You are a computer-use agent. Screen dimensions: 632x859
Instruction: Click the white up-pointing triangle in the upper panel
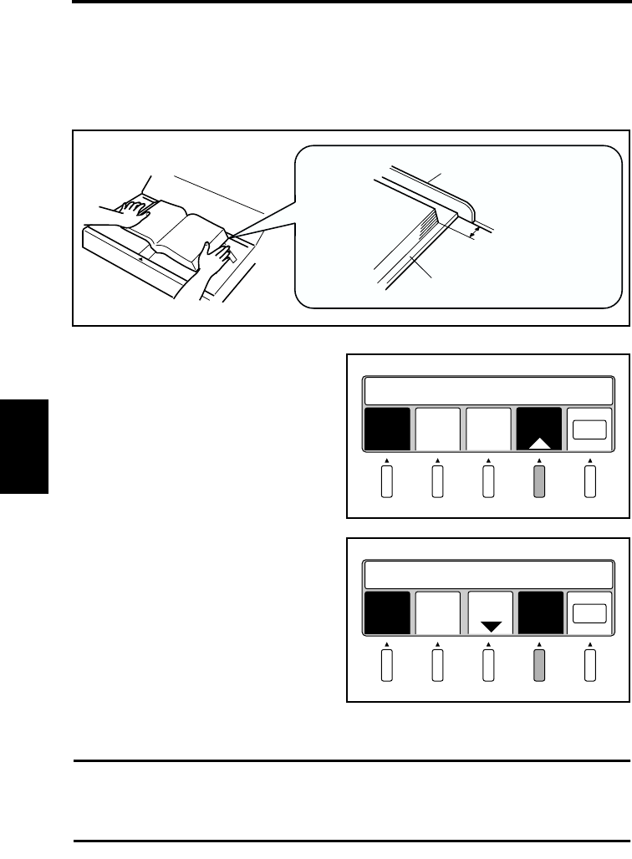point(539,442)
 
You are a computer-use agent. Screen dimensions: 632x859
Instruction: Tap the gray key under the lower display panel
point(539,667)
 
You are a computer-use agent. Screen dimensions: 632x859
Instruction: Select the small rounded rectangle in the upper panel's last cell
point(589,429)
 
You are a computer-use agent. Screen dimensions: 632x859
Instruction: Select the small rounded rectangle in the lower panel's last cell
point(589,612)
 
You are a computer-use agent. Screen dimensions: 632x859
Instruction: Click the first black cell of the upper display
point(387,429)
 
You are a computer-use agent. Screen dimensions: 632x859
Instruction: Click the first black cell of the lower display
point(387,612)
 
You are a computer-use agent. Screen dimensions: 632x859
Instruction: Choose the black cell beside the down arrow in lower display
point(539,612)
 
